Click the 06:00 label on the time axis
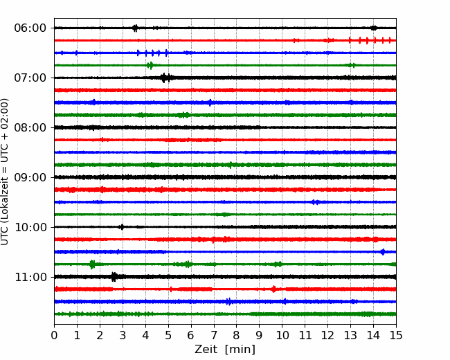30,28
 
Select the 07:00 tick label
30,78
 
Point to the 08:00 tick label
30,127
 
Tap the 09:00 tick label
30,177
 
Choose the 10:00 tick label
30,227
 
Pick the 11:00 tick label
30,277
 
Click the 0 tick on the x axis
54,335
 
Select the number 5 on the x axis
168,335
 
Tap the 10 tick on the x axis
282,335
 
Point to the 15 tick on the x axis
396,335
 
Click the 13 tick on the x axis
350,335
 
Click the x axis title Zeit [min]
225,349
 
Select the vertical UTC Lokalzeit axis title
5,172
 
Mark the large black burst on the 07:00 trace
166,78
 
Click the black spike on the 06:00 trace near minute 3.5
135,28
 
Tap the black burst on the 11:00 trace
114,277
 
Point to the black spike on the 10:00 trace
122,227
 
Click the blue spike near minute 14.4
383,252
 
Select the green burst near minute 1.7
92,264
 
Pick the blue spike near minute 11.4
315,202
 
